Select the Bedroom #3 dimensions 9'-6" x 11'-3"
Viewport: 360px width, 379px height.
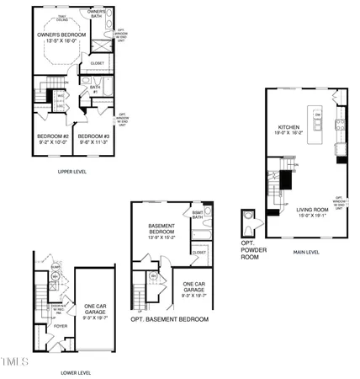tap(94, 141)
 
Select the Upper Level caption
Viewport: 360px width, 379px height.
tap(73, 172)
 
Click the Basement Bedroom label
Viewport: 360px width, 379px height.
tap(161, 229)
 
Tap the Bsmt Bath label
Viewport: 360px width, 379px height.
tap(197, 215)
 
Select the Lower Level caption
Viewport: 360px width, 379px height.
tap(76, 371)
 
